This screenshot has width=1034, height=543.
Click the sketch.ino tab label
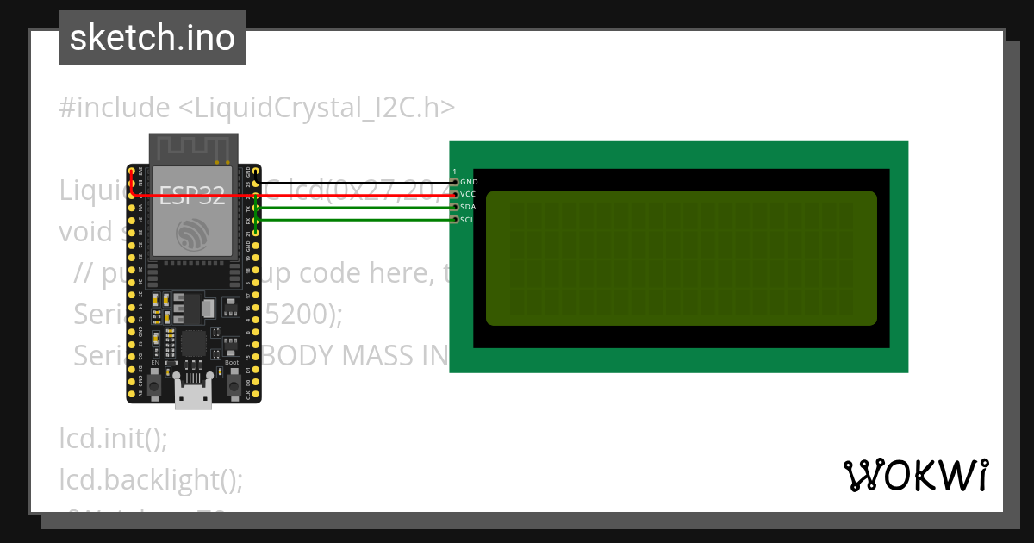click(153, 38)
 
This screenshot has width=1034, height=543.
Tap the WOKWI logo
click(915, 475)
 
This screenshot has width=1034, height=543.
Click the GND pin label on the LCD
click(469, 183)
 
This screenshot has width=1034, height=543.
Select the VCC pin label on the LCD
click(469, 195)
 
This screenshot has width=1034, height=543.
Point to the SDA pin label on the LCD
click(469, 208)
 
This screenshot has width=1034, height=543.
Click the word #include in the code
click(115, 108)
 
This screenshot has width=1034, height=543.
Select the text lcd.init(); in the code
click(113, 438)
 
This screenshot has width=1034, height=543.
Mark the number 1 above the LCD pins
click(454, 172)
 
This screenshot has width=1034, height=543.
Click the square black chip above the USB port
click(193, 343)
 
